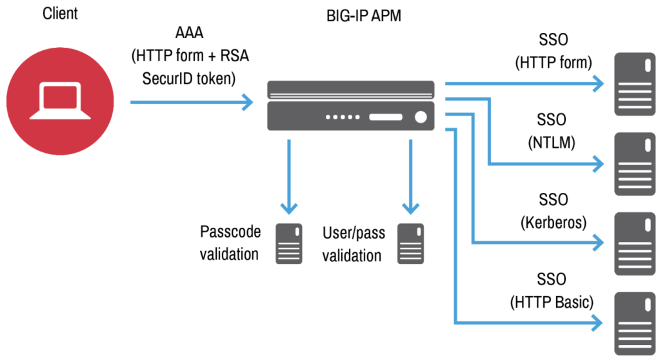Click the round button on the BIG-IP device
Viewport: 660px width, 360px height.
pos(421,117)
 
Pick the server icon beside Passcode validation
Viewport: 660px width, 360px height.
pos(289,243)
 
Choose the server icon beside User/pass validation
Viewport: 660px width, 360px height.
pos(410,243)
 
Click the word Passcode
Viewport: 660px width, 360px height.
pos(229,232)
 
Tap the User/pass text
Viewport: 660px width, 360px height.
pos(352,232)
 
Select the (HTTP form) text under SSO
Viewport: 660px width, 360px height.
pos(553,63)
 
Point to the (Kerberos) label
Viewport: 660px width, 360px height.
pos(553,223)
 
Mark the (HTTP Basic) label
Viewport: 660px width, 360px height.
pos(552,302)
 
